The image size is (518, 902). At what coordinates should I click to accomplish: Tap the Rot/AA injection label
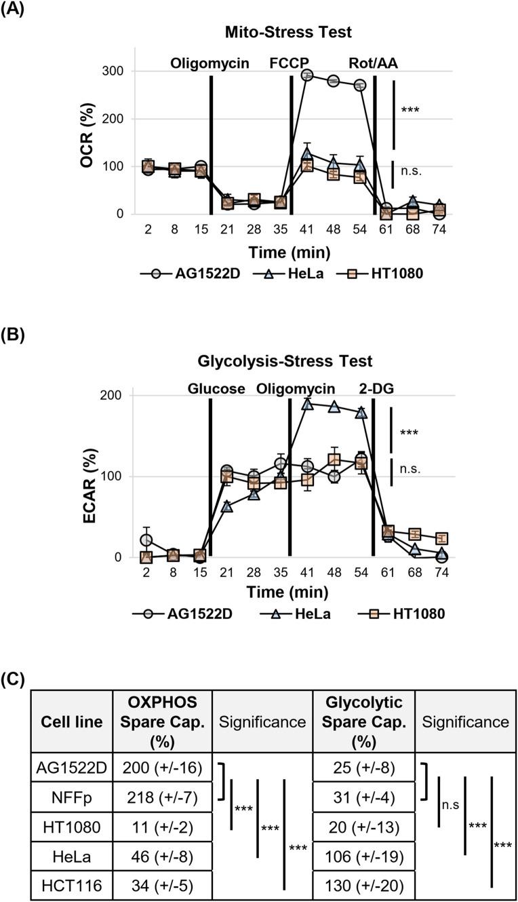(x=374, y=64)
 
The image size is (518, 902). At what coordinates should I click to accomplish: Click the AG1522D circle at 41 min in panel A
(x=306, y=75)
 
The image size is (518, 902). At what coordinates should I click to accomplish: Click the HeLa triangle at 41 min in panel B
(x=307, y=404)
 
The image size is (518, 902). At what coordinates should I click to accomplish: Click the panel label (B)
(x=14, y=335)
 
